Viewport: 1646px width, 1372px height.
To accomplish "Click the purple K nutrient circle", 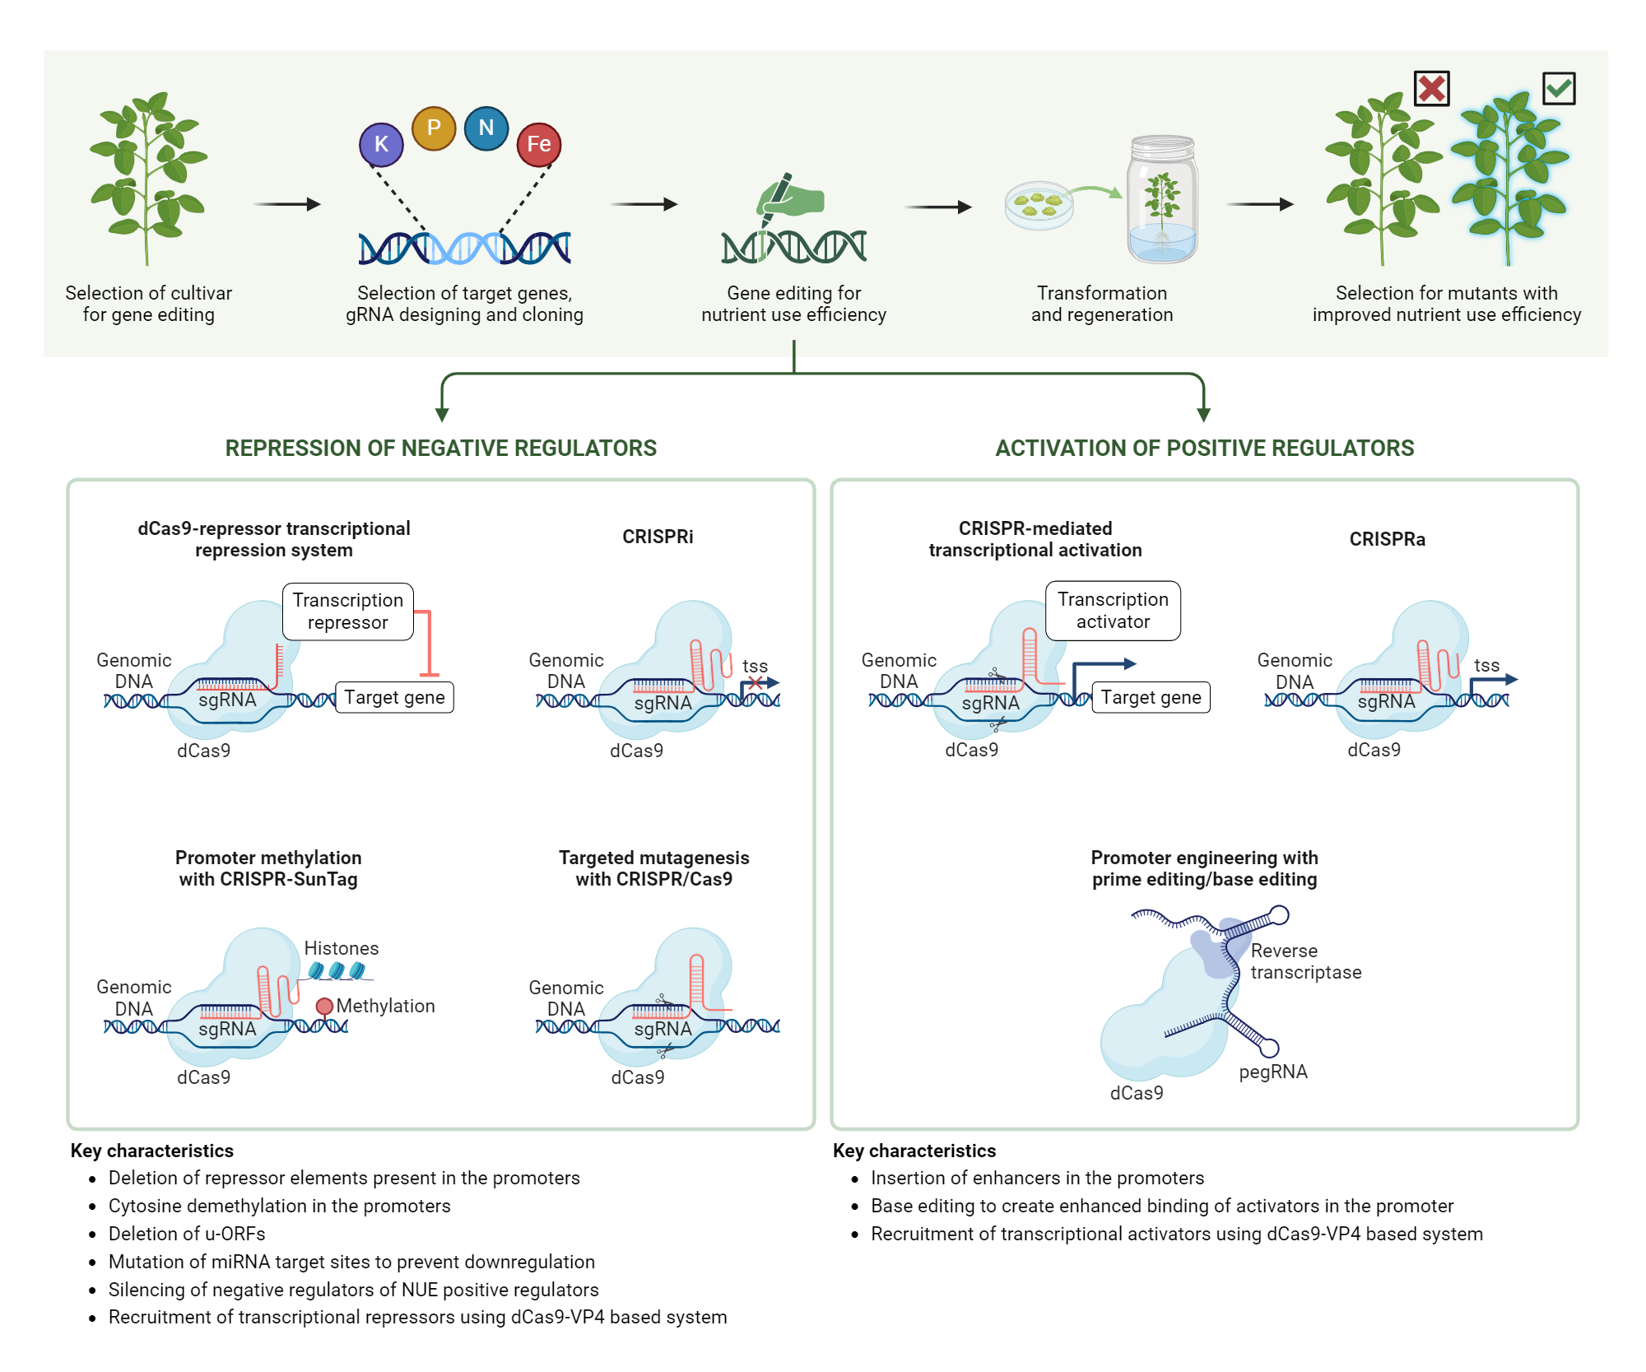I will click(381, 144).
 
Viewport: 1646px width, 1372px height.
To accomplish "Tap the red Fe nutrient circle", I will click(539, 144).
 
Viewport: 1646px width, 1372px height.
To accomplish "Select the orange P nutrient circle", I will click(434, 128).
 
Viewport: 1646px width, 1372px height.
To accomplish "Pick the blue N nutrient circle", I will click(486, 128).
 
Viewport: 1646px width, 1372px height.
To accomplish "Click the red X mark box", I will click(1432, 88).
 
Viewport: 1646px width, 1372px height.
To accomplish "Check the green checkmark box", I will click(1559, 88).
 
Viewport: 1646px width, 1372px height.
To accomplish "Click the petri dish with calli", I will click(1039, 204).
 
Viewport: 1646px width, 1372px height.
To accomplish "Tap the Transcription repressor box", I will click(347, 612).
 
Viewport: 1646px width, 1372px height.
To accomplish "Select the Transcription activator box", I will click(1113, 611).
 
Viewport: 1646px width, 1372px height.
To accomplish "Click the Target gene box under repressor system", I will click(394, 698).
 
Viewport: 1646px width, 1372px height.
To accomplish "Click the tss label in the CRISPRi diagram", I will click(755, 666).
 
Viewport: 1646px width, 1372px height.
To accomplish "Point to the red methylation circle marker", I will click(324, 1006).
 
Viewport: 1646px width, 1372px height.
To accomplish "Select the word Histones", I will click(342, 948).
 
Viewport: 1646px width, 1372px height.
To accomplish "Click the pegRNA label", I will click(1273, 1072).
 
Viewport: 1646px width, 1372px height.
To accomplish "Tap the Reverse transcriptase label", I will click(1305, 961).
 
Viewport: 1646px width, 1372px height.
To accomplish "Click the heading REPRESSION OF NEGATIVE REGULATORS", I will click(441, 449).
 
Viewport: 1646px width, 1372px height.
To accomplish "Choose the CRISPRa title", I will click(1388, 539).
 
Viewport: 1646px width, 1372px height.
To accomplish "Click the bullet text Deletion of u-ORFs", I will click(187, 1234).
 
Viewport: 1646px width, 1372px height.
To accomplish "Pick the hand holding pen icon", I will click(788, 198).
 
